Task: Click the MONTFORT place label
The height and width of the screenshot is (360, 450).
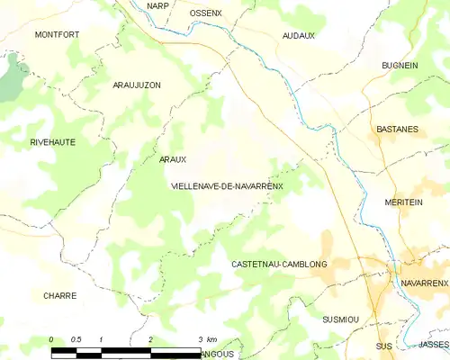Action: click(x=57, y=34)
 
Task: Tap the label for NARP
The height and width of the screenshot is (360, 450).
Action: click(x=158, y=5)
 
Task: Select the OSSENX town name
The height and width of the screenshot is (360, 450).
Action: click(x=207, y=13)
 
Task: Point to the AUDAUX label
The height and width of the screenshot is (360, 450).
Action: click(x=299, y=35)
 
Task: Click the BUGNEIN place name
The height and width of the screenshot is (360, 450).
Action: click(x=400, y=66)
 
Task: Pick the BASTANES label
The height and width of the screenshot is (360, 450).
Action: click(x=397, y=129)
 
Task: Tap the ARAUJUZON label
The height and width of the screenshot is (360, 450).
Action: click(x=137, y=85)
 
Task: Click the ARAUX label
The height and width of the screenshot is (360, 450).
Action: click(x=172, y=159)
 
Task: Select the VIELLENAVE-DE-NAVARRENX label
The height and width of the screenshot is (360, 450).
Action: click(x=227, y=186)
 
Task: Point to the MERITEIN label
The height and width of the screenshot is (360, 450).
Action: click(x=402, y=202)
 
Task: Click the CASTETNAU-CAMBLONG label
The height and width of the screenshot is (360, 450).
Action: click(x=279, y=264)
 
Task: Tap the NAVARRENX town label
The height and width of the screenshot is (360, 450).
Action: click(x=424, y=283)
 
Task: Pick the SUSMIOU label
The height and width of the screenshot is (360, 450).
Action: click(x=340, y=319)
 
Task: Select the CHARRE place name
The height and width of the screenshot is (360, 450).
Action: click(x=59, y=295)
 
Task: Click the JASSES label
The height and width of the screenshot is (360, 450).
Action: click(x=433, y=345)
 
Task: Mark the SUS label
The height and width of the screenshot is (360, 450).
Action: click(x=384, y=346)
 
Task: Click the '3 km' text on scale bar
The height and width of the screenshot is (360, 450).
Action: click(x=206, y=339)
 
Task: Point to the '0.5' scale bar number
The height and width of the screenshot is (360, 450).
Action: click(x=76, y=339)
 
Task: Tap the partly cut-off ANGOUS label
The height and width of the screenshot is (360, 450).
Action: click(x=217, y=355)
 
